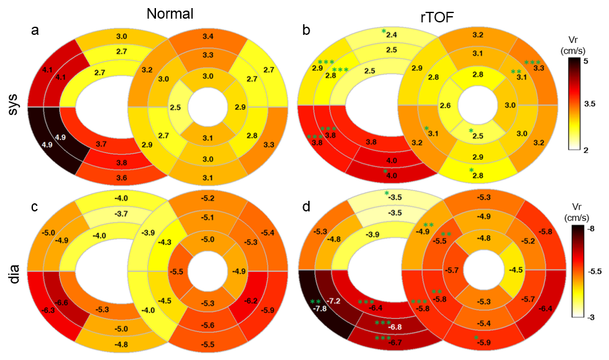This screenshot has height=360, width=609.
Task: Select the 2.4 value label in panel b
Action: point(391,35)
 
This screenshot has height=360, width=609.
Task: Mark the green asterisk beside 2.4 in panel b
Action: point(383,32)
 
